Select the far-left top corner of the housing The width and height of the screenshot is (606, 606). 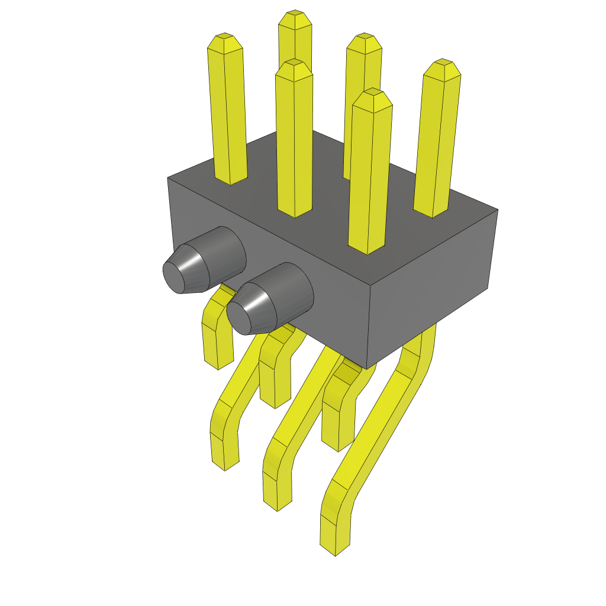(x=168, y=177)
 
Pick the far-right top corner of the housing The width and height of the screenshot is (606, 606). (x=497, y=209)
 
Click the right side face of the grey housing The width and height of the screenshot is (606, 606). (x=432, y=290)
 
